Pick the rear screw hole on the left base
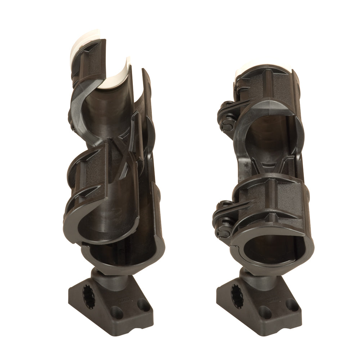[144, 305]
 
